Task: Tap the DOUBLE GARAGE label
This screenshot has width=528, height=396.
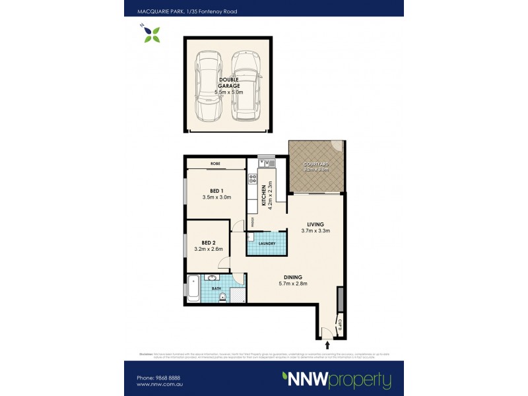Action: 229,84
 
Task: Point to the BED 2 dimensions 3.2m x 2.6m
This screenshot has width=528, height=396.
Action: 209,249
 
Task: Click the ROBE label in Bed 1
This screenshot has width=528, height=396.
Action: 215,163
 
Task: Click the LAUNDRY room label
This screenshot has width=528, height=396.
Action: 267,243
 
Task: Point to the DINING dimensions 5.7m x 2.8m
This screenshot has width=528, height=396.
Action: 293,284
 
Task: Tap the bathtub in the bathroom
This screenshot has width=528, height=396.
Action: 194,286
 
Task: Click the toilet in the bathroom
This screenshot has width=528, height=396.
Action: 224,296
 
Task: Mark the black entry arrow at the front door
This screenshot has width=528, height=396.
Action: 328,345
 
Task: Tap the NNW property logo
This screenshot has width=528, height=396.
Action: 337,380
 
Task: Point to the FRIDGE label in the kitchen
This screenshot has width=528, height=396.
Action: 251,222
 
